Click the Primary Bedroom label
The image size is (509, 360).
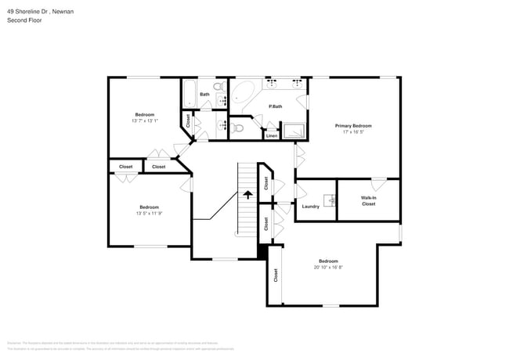click(x=353, y=125)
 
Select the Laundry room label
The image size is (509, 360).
click(x=310, y=206)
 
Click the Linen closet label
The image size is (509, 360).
click(x=271, y=135)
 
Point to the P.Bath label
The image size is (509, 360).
click(x=276, y=106)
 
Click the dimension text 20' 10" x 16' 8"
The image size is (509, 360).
click(x=328, y=267)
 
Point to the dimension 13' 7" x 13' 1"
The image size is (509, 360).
click(x=145, y=121)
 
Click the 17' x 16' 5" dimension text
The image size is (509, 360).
click(x=353, y=131)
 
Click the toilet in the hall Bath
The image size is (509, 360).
click(x=219, y=86)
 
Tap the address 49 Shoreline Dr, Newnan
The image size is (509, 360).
click(x=41, y=11)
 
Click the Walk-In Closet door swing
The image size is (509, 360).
click(x=378, y=185)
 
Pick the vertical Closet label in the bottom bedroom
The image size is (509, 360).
click(x=276, y=275)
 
